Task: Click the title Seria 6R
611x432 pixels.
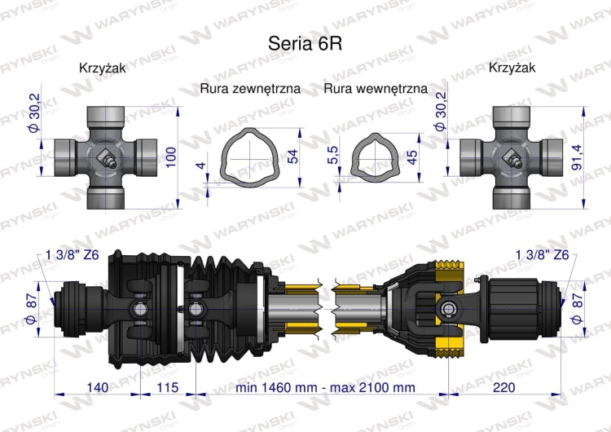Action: click(305, 43)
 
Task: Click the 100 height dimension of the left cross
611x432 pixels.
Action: click(170, 156)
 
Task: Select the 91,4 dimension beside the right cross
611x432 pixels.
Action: click(576, 156)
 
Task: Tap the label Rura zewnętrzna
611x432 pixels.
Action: click(250, 88)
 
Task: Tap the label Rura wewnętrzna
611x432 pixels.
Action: click(376, 88)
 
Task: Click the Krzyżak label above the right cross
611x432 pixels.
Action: click(512, 68)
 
